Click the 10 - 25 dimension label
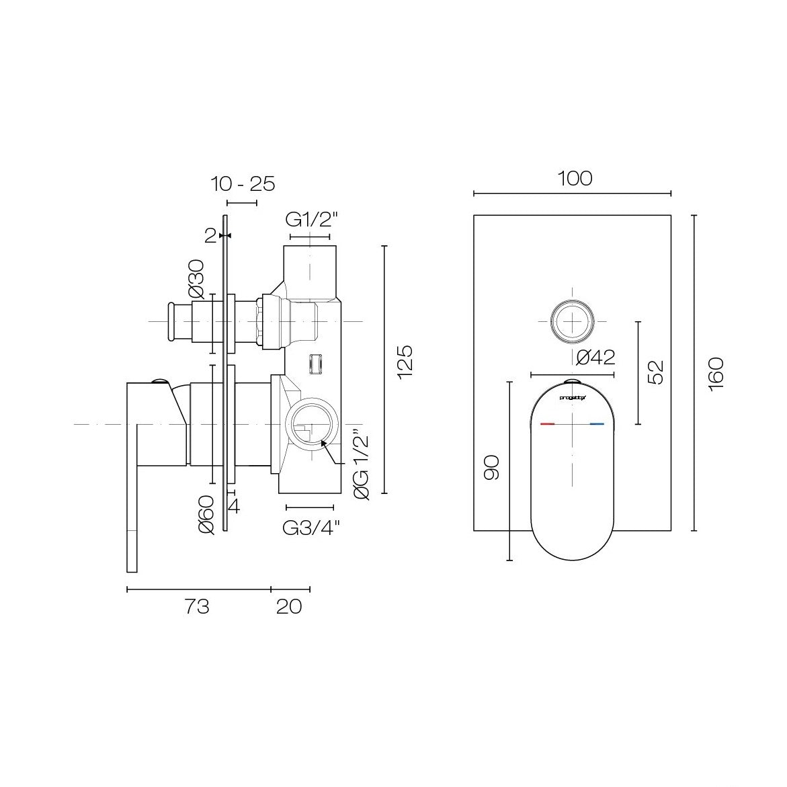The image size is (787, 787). coord(243,183)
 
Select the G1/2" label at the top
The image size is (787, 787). coord(311,220)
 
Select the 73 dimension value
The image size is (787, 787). coord(196,607)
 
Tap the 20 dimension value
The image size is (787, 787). coord(289,607)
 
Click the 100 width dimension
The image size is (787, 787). coord(575,179)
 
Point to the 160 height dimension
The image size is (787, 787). coord(716,372)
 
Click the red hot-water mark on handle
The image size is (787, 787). coord(548,425)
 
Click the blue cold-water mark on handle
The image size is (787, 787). coord(597,425)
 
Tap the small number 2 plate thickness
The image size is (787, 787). coord(210,235)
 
